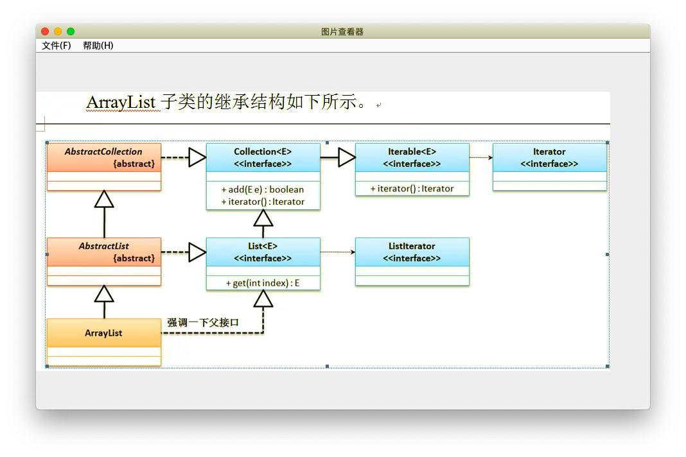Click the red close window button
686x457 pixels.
pos(45,31)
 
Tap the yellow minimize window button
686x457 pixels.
pos(58,31)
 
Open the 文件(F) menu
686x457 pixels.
pos(57,46)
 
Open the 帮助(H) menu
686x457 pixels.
pos(98,46)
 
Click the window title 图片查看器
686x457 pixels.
pos(342,31)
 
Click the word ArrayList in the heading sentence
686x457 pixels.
pos(121,102)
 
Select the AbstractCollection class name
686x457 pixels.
pos(103,151)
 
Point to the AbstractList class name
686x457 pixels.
pos(103,246)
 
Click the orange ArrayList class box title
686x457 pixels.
pos(103,332)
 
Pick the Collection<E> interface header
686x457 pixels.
pos(263,157)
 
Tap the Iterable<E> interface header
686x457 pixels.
pos(412,157)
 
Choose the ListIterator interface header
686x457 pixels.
pos(412,252)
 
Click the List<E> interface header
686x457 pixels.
pos(263,252)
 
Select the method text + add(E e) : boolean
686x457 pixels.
pos(263,189)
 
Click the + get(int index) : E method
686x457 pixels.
pos(263,283)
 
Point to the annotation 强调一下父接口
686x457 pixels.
pos(203,323)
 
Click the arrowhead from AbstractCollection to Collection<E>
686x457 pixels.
pos(197,157)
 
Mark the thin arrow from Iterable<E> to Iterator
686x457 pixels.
pos(481,157)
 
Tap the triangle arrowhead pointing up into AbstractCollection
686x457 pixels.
pos(104,199)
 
